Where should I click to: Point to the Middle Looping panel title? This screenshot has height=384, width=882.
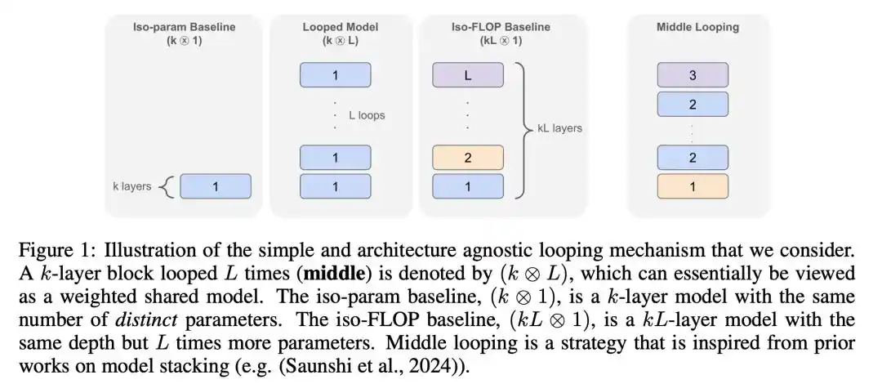(x=698, y=26)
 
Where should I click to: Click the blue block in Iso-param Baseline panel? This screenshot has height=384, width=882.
(x=216, y=186)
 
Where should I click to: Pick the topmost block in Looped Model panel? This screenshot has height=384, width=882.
(x=336, y=75)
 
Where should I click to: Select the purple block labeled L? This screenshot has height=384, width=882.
(x=468, y=75)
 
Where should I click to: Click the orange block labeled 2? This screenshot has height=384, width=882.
(x=468, y=158)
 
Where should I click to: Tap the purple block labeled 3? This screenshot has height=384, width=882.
(x=693, y=75)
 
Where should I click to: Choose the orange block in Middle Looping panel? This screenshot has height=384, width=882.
(x=693, y=186)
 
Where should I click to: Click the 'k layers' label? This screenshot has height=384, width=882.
(x=132, y=186)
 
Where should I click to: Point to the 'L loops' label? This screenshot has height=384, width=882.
(x=367, y=115)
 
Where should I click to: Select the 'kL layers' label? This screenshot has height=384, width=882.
(x=559, y=128)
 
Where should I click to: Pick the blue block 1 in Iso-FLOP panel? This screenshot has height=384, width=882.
(x=468, y=186)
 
